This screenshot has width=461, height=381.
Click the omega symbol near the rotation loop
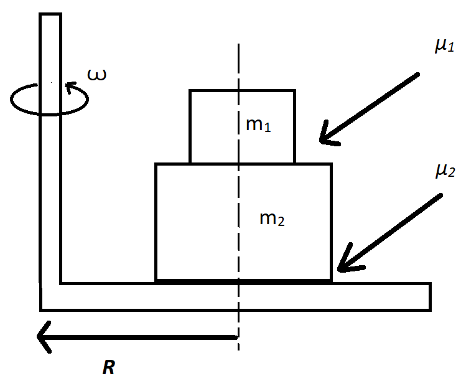96,75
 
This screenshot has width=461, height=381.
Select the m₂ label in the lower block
272,219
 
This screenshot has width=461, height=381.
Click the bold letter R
109,367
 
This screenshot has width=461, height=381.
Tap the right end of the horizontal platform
429,296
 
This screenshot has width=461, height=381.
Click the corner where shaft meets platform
51,297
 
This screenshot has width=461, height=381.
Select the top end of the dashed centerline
238,45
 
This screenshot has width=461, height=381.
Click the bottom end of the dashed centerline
238,350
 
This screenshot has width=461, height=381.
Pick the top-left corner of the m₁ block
190,91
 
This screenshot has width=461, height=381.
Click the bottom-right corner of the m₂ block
331,280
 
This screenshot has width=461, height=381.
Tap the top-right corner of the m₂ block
331,164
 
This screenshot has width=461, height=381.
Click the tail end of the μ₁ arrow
419,75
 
